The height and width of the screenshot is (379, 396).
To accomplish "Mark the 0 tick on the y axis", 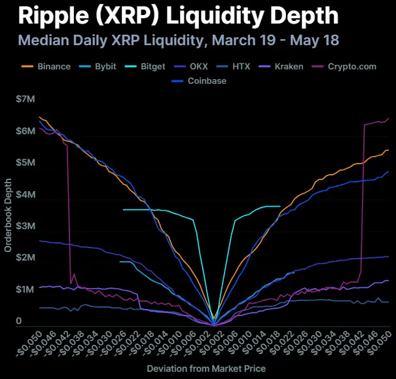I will (19, 321).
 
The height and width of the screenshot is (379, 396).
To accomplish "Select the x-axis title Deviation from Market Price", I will (206, 369).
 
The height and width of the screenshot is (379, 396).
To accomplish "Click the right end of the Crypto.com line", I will (389, 118).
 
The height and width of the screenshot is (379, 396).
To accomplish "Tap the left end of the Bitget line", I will (123, 209).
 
